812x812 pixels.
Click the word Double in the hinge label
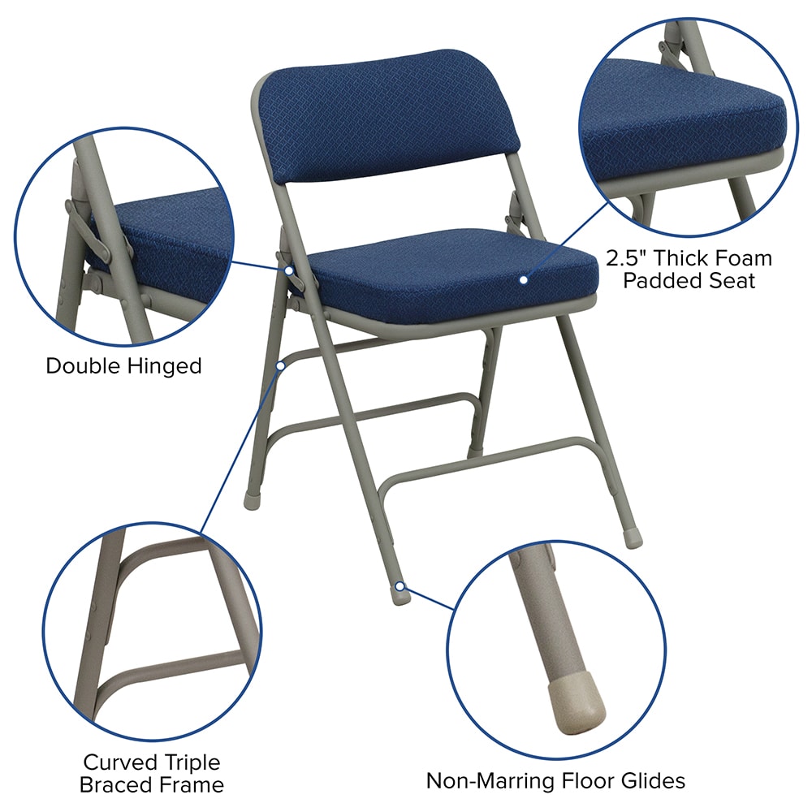coord(84,365)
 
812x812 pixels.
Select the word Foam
coord(744,258)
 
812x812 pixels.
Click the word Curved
coord(120,762)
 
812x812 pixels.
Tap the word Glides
coord(653,780)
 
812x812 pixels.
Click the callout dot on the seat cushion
coord(524,279)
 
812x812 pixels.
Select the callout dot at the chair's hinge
coord(289,270)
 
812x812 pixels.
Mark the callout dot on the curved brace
coord(280,365)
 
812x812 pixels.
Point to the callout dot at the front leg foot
coord(400,586)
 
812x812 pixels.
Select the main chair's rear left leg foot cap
coord(252,502)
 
